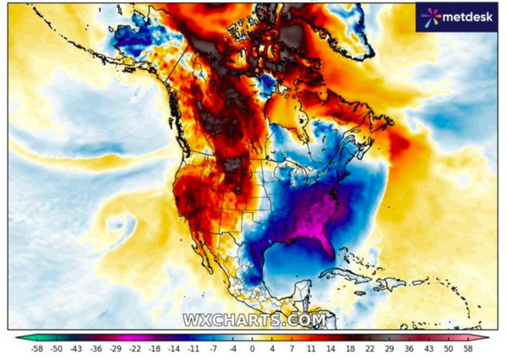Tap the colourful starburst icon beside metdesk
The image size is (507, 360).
pyautogui.click(x=431, y=16)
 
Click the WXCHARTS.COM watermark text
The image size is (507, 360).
pyautogui.click(x=254, y=320)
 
